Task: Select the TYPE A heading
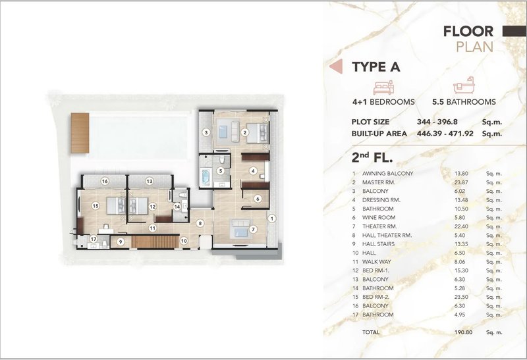tap(376, 66)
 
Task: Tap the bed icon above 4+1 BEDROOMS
tap(383, 88)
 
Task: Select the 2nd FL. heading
tap(374, 158)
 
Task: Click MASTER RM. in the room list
tap(377, 182)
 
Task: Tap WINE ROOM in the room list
tap(377, 217)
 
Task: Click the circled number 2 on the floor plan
tap(245, 132)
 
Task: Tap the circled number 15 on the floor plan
tap(96, 206)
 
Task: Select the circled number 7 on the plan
tap(253, 230)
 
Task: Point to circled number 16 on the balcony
tap(104, 180)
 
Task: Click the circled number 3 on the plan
tap(206, 132)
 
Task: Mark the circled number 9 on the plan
tap(121, 242)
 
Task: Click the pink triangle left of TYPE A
tap(335, 66)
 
